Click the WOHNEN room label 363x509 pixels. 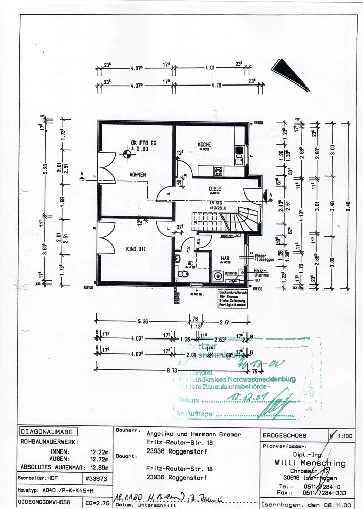pos(137,175)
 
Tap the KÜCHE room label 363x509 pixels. pos(205,145)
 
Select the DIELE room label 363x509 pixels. pos(215,189)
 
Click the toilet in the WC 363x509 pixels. pos(184,274)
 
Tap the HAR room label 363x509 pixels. pos(226,258)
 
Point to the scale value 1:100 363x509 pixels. pos(346,436)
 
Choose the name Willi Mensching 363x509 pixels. pos(304,464)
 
